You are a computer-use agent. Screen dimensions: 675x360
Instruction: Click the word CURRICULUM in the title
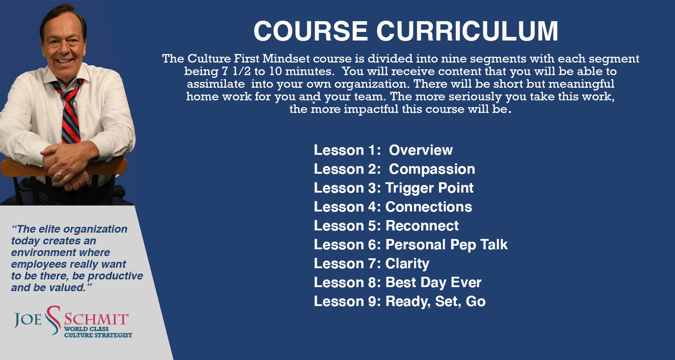(467, 31)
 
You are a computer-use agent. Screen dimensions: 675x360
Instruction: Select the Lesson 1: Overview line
(383, 150)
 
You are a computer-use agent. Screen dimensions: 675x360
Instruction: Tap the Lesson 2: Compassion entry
(394, 169)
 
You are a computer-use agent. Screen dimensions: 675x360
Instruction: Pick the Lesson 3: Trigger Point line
(394, 188)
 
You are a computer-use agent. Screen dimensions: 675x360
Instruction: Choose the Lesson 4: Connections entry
(393, 207)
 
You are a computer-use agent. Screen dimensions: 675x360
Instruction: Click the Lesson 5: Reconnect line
(386, 225)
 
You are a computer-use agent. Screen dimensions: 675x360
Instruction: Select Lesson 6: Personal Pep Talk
(411, 245)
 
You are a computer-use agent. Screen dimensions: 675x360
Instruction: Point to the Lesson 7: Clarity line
(371, 264)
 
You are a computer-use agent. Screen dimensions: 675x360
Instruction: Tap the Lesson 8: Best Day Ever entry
(397, 283)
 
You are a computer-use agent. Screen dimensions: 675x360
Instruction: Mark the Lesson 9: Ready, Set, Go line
(400, 301)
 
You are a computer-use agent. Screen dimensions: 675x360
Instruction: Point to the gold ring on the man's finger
(60, 174)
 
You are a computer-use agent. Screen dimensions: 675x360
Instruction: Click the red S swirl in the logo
(54, 320)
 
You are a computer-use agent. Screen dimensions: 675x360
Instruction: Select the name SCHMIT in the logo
(96, 319)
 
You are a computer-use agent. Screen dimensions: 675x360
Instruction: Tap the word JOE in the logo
(28, 319)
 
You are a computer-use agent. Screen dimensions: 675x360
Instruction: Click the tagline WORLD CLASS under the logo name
(86, 329)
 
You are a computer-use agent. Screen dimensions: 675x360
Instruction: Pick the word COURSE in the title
(310, 31)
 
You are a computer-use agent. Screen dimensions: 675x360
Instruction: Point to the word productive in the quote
(115, 276)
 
